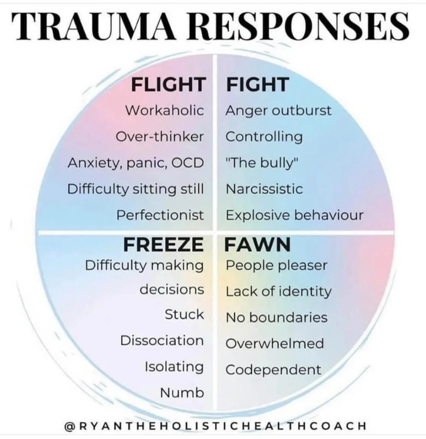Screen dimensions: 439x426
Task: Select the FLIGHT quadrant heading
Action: coord(168,84)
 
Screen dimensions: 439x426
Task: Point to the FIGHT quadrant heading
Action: coord(251,84)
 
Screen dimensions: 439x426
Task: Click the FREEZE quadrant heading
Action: coord(163,245)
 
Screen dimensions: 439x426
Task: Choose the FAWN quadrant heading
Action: coord(258,245)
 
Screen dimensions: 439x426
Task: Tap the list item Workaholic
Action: coord(164,110)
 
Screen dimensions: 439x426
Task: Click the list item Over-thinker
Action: coord(159,137)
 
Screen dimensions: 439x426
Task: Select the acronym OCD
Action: coord(187,163)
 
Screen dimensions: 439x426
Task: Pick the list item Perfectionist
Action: coord(160,215)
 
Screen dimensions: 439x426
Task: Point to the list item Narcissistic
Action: coord(264,189)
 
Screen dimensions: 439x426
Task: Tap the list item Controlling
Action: coord(264,137)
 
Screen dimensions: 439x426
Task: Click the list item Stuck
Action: coord(184,315)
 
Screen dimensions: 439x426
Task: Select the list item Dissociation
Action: coord(162,341)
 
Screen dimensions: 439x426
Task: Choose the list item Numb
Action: coord(182,393)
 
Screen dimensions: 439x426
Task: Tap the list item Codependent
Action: coord(273,370)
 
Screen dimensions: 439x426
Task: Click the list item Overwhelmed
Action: coord(274,344)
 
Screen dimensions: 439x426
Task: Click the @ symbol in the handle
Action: coord(70,425)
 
